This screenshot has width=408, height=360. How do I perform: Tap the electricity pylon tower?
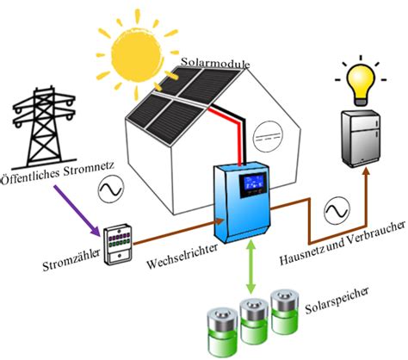(x=40, y=126)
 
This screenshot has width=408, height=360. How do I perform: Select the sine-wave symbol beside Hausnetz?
(x=335, y=208)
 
